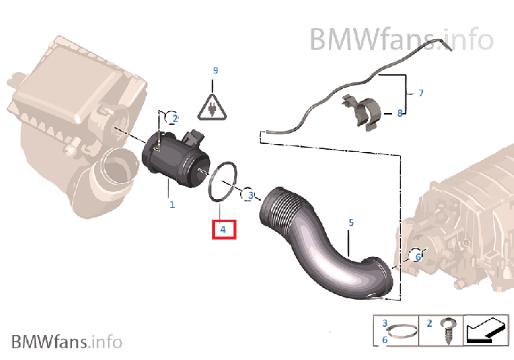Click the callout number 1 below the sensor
(172, 204)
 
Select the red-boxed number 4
(223, 229)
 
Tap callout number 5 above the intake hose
(351, 223)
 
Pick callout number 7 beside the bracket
(421, 93)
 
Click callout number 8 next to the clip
(399, 113)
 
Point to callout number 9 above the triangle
(215, 71)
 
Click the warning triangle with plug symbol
(212, 107)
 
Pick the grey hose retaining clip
(362, 112)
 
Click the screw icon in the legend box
(446, 331)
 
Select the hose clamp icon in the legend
(402, 332)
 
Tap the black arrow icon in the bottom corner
(485, 331)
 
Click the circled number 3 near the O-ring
(248, 195)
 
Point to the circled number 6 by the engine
(416, 256)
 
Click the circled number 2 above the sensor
(172, 118)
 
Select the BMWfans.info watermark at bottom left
(67, 342)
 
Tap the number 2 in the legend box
(430, 323)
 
